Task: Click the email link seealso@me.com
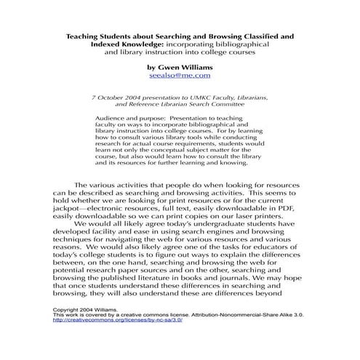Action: (180, 75)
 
